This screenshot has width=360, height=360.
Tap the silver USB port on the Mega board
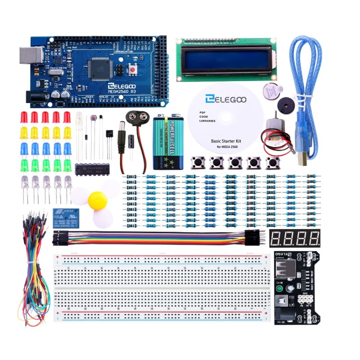point(31,55)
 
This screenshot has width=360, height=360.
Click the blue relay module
point(66,218)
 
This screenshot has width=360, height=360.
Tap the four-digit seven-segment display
point(295,238)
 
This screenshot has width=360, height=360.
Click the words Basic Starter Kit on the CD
point(226,141)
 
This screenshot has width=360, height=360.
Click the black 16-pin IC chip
point(92,169)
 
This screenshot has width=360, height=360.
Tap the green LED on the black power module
point(279,290)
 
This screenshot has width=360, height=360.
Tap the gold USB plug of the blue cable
point(303,160)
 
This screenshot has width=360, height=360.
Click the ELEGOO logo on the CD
point(225,99)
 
